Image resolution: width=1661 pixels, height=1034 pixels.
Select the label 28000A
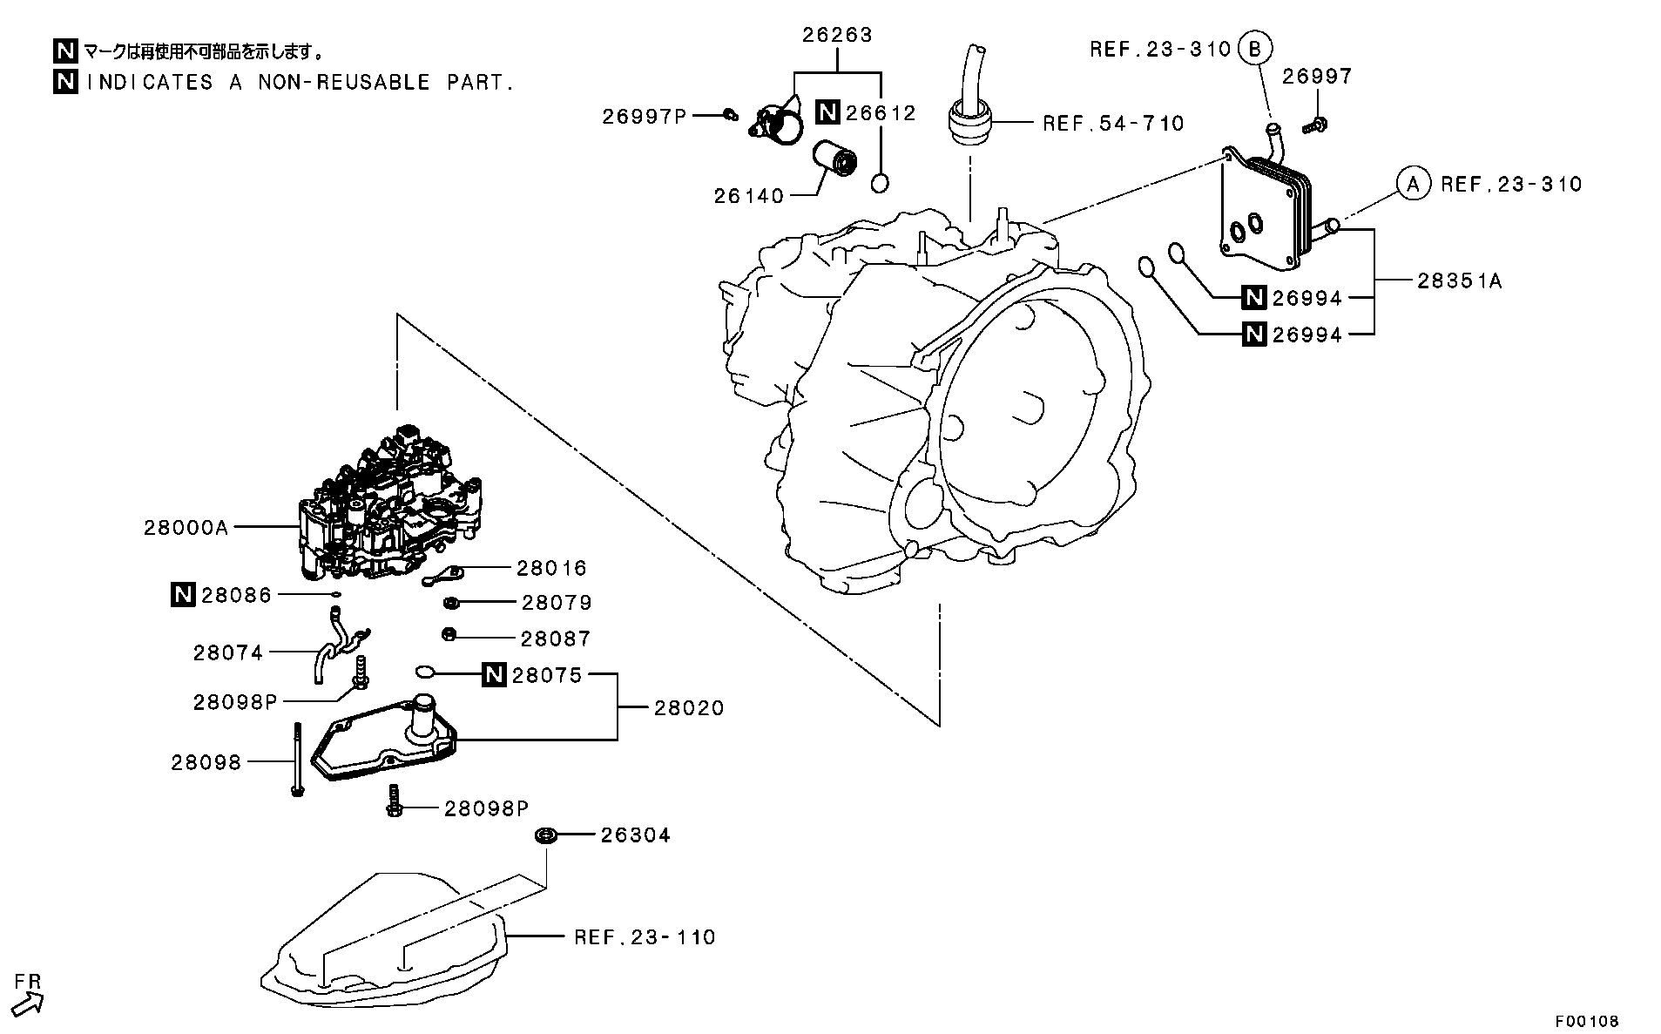point(186,528)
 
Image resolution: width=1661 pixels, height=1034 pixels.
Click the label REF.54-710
point(1113,124)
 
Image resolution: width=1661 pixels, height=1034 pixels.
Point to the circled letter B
point(1254,48)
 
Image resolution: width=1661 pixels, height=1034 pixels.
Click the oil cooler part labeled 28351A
point(1263,209)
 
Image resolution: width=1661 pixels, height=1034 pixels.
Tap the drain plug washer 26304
point(546,835)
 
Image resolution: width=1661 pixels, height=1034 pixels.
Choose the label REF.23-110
point(645,937)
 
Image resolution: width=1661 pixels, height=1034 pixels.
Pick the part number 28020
point(689,708)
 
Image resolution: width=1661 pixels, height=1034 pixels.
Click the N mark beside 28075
point(494,674)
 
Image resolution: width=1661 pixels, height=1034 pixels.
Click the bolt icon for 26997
point(1315,125)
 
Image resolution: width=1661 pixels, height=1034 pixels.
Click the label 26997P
point(645,116)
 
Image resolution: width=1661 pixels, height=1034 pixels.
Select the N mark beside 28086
point(183,595)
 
